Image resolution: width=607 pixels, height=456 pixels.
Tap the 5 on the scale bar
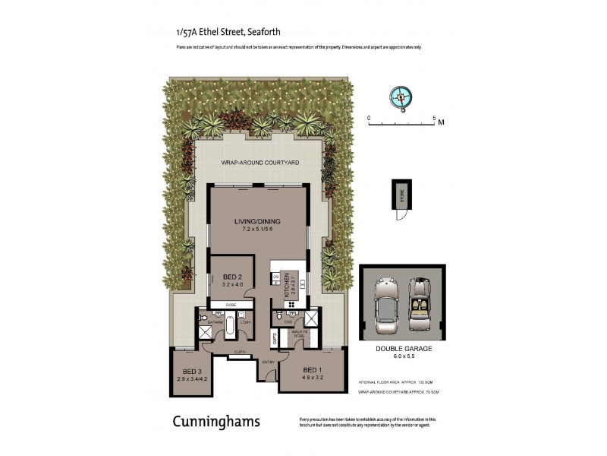[x=433, y=119]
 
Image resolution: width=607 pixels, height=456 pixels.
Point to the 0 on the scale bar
[x=369, y=119]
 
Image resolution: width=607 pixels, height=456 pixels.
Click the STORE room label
[x=402, y=198]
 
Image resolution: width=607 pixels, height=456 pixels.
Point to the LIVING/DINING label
[x=259, y=221]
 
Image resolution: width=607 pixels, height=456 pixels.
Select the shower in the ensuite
[x=311, y=318]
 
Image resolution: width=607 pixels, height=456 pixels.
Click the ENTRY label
[x=268, y=363]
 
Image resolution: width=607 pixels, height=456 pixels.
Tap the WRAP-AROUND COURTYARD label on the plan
[x=259, y=163]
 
